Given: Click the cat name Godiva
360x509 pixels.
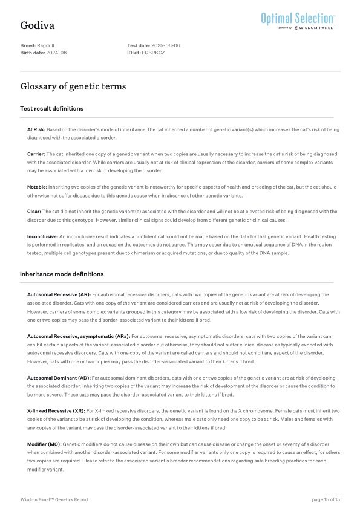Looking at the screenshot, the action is click(38, 25).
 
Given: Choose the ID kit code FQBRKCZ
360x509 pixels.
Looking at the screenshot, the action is click(154, 53).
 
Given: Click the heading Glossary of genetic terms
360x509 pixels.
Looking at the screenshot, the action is click(73, 86).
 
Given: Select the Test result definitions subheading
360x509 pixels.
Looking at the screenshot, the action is click(52, 109).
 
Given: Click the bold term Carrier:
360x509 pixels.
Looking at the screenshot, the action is click(36, 154).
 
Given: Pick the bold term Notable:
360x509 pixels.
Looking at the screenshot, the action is click(37, 187).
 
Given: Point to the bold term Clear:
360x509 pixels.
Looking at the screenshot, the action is click(34, 212).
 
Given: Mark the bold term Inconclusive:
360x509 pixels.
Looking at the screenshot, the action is click(42, 236).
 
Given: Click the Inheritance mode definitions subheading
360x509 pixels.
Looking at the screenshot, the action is click(62, 274).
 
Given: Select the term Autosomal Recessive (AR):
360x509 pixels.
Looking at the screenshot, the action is click(59, 294).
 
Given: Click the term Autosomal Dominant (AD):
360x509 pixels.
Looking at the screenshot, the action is click(58, 377).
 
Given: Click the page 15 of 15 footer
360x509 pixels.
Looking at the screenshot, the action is click(326, 499).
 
